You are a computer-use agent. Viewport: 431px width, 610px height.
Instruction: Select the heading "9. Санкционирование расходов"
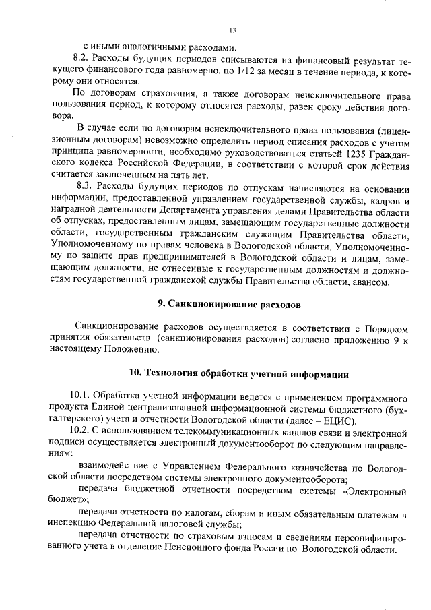pyautogui.click(x=229, y=304)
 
